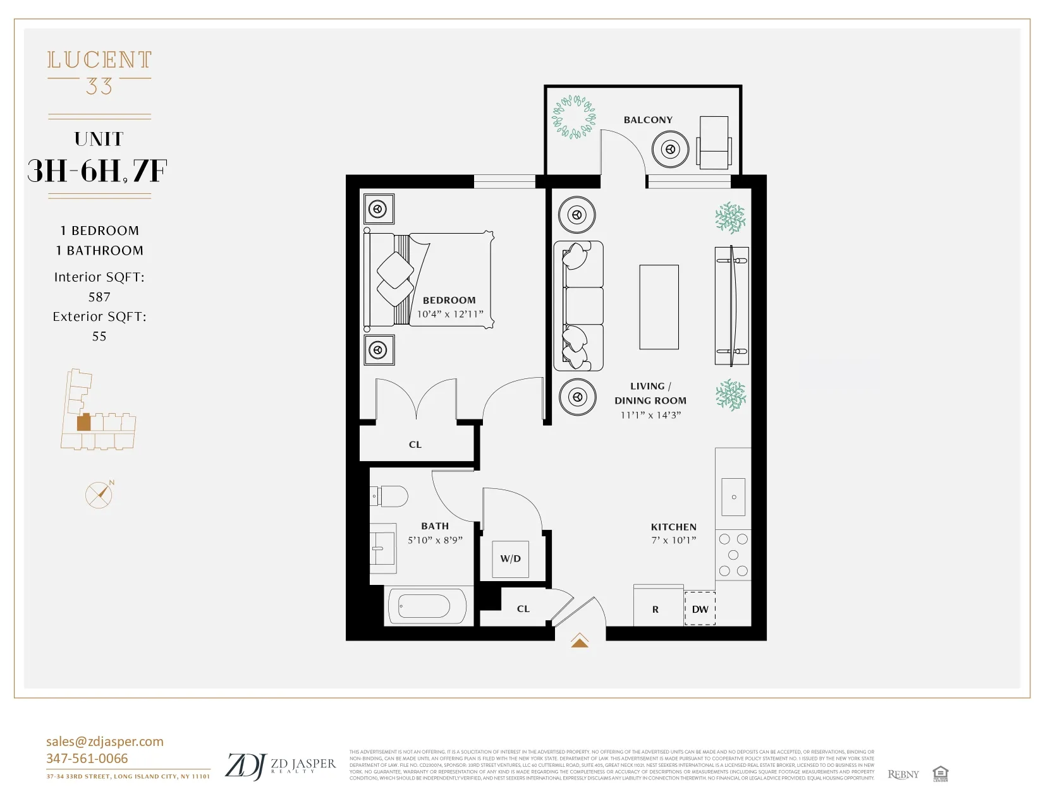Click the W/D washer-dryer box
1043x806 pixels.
[x=510, y=558]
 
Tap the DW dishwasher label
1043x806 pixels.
[x=700, y=609]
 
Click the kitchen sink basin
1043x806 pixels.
[x=733, y=496]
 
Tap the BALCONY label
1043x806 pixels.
[x=648, y=120]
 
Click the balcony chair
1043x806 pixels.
[x=714, y=143]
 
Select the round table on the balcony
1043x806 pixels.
[x=670, y=150]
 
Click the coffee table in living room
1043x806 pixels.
[x=659, y=307]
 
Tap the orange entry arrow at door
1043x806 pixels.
[x=580, y=641]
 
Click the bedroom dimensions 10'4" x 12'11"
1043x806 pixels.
[x=449, y=314]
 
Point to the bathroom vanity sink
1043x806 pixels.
[x=382, y=548]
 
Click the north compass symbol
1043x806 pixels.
[x=99, y=495]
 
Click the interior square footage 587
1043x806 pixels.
[x=99, y=297]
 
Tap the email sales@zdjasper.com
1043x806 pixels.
[x=104, y=742]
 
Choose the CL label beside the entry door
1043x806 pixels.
[x=523, y=609]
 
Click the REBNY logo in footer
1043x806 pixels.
[x=903, y=774]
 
